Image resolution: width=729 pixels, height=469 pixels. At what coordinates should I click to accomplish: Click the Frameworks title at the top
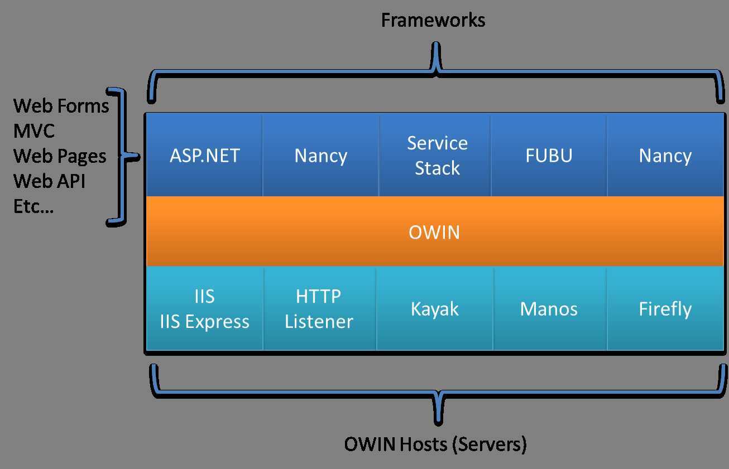tap(433, 21)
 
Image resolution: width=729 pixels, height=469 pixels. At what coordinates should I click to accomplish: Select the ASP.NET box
tap(204, 156)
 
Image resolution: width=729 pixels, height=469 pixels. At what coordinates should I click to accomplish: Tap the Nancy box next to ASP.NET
tap(321, 156)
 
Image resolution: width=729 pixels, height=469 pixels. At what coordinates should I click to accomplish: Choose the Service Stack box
tap(437, 156)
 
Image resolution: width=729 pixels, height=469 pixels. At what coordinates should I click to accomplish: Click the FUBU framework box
tap(549, 156)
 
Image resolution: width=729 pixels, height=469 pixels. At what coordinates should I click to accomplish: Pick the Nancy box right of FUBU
tap(665, 156)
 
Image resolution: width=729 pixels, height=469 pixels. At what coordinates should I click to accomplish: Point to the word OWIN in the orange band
tap(434, 231)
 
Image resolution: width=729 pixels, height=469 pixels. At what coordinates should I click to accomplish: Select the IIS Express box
tap(204, 309)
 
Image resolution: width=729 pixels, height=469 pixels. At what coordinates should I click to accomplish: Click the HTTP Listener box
tap(319, 309)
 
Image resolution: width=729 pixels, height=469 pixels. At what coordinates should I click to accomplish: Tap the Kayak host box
tap(435, 309)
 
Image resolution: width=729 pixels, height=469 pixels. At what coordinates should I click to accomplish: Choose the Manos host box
tap(549, 309)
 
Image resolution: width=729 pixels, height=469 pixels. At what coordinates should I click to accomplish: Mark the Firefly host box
tap(665, 309)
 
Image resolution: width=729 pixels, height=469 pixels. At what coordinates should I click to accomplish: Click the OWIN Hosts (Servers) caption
tap(435, 444)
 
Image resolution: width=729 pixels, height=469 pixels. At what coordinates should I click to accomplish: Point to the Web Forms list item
tap(61, 105)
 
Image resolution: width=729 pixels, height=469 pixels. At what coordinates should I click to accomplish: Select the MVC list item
tap(34, 131)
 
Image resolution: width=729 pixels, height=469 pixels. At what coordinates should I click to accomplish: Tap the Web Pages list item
tap(60, 156)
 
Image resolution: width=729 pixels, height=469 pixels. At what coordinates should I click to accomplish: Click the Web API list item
tap(49, 181)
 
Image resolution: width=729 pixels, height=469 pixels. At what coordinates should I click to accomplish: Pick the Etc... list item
tap(33, 206)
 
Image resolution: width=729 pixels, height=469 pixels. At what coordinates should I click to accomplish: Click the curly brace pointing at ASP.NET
tap(124, 157)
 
